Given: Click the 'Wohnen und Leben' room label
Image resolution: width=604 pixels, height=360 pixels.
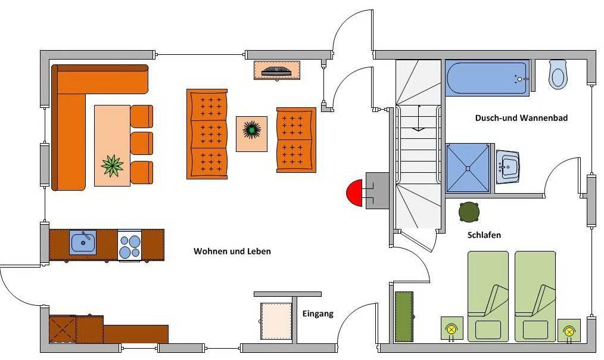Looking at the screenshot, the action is (x=232, y=252).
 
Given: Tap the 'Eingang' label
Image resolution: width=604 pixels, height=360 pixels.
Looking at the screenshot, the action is (x=318, y=314).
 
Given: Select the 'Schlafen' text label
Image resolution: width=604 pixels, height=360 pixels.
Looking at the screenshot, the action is (x=484, y=235).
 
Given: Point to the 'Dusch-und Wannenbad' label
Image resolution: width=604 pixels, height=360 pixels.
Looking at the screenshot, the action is (x=521, y=118).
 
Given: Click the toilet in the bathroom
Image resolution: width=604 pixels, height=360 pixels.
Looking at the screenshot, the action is (x=558, y=74).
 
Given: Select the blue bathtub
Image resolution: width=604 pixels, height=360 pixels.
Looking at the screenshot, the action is (x=487, y=77).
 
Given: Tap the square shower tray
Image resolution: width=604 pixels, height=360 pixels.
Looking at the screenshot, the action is (x=468, y=168).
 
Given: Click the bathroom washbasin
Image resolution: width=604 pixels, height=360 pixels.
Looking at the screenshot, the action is (x=508, y=167).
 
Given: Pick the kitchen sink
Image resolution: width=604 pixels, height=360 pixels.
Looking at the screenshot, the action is (x=83, y=242).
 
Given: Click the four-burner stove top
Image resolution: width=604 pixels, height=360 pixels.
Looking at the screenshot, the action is (x=129, y=246).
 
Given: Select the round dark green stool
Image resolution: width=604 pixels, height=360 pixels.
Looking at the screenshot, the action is (x=469, y=212).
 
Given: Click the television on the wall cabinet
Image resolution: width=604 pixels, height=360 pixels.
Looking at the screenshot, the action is (x=276, y=72).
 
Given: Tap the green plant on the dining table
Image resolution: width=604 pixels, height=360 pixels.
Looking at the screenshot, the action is (x=112, y=166).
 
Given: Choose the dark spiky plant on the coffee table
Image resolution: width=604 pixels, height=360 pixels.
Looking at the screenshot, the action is (x=251, y=129).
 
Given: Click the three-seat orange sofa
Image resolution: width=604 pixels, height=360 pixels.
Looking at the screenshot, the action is (x=207, y=134).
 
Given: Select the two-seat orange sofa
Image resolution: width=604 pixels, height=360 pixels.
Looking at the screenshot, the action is (x=296, y=140).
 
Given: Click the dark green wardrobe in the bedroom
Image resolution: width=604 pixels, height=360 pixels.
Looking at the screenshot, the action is (x=404, y=316).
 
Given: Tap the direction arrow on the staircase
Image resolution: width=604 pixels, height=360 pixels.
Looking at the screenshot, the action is (x=419, y=118).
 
